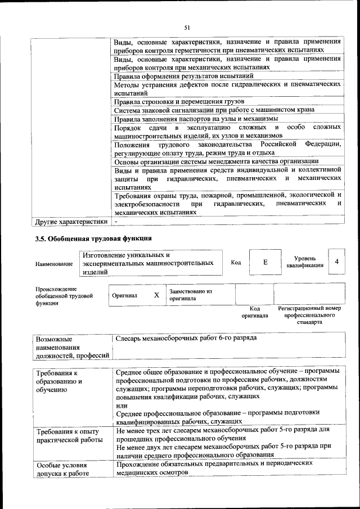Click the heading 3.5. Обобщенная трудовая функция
click(93, 238)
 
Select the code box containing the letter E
click(265, 262)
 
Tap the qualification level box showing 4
click(336, 262)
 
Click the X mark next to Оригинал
click(156, 295)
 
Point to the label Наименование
click(53, 263)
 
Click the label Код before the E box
click(236, 262)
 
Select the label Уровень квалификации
click(304, 262)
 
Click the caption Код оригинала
click(254, 312)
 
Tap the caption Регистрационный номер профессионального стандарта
click(309, 316)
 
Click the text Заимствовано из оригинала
click(191, 295)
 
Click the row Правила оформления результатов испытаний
click(183, 75)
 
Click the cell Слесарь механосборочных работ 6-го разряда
click(186, 339)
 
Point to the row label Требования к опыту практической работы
click(69, 436)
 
